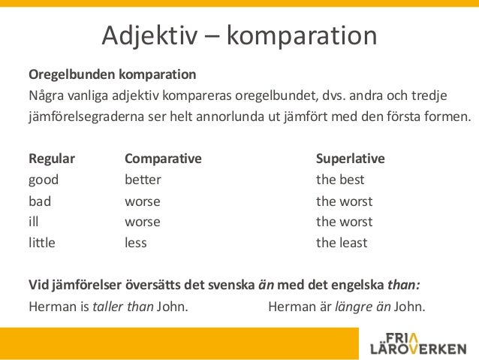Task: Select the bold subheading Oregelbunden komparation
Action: (x=112, y=75)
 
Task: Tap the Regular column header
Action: (x=51, y=159)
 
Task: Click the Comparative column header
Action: (x=163, y=159)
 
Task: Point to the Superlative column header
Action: (x=350, y=159)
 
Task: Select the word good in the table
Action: (x=44, y=180)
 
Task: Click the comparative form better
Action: (x=143, y=180)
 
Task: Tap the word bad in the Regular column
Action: (x=40, y=201)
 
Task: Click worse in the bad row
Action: (x=142, y=201)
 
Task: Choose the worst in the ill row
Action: (x=344, y=222)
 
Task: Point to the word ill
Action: (x=33, y=222)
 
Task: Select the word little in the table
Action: (x=42, y=243)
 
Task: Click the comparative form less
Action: (x=135, y=243)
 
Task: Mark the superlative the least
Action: (x=342, y=243)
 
